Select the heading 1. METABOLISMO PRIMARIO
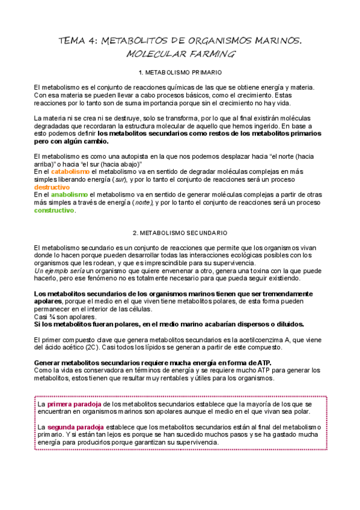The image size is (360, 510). tap(180, 73)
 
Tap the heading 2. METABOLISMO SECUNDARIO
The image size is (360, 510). tap(180, 233)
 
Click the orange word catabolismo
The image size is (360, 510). tap(71, 171)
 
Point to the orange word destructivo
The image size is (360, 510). tap(52, 187)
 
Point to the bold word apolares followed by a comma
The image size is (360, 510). tap(47, 301)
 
